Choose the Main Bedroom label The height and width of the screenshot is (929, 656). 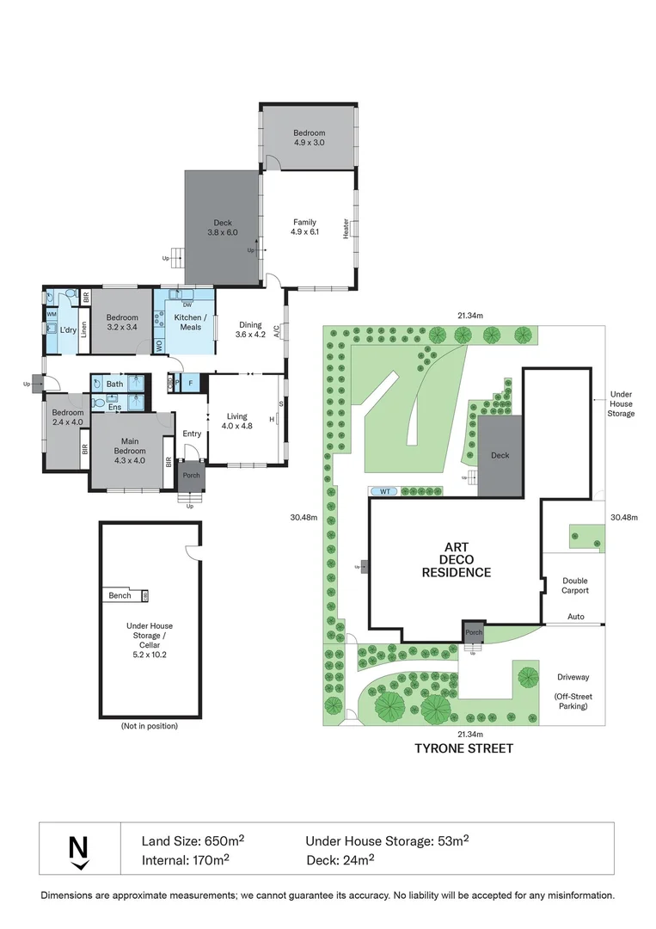point(130,446)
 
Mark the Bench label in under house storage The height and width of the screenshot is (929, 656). point(120,595)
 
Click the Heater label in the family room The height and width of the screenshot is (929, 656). point(346,228)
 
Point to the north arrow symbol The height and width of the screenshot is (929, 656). point(78,849)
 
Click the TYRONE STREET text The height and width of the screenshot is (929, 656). point(465,748)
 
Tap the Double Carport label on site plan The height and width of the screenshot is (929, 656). point(574,587)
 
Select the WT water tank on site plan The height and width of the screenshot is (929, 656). point(385,490)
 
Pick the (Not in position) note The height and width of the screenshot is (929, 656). point(150,727)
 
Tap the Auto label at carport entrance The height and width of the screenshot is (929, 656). point(575,617)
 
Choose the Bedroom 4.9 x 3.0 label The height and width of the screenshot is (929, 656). point(309,138)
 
